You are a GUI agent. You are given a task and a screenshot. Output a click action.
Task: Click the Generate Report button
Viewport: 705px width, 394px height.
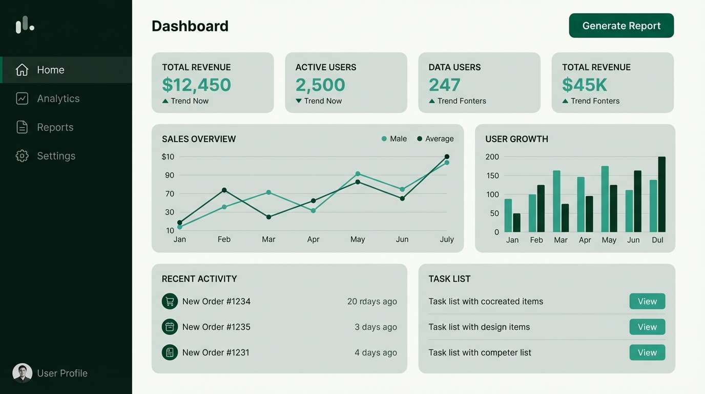(x=621, y=26)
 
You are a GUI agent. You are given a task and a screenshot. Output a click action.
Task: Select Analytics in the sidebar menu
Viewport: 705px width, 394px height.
(x=58, y=98)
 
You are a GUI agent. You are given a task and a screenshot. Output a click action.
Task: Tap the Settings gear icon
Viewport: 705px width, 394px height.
(x=22, y=156)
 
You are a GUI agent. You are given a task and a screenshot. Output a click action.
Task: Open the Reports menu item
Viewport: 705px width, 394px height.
(x=55, y=127)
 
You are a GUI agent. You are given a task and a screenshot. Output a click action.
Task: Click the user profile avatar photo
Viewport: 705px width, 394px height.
(x=22, y=373)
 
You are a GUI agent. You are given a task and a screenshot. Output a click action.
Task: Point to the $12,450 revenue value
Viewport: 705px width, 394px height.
(x=196, y=85)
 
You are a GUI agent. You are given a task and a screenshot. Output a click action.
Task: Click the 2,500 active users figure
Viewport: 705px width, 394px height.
(x=320, y=85)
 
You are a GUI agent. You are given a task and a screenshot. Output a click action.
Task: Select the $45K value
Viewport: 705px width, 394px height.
(x=584, y=85)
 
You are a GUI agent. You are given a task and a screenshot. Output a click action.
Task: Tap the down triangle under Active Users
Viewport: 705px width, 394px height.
(x=299, y=101)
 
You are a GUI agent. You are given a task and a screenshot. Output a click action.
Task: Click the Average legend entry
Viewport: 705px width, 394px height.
(x=435, y=139)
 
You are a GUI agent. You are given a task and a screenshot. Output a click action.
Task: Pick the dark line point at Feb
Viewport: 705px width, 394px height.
(x=224, y=190)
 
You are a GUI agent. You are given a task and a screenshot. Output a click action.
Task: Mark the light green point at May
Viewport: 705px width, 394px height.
(x=358, y=174)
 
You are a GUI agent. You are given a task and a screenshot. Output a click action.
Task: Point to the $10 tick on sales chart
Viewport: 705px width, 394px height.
(x=168, y=156)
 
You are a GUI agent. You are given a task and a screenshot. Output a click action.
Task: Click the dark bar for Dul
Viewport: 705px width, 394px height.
(x=661, y=195)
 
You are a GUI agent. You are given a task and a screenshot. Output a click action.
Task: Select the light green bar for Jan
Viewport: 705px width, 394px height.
(x=508, y=215)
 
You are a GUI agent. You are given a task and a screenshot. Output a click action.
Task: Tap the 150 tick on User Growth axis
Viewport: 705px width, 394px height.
(x=492, y=175)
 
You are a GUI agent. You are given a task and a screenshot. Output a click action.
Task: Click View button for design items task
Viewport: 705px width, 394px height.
(x=647, y=327)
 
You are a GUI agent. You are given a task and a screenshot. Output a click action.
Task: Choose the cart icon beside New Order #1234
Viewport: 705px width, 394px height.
(x=170, y=301)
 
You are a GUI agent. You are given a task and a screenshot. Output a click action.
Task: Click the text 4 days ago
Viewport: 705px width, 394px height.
(x=376, y=352)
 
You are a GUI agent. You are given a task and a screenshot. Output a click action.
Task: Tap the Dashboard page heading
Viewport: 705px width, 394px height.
(x=190, y=26)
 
